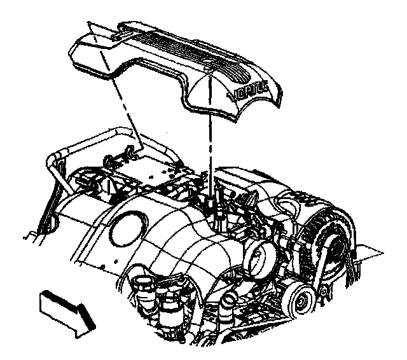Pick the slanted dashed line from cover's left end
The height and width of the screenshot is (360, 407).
(121, 108)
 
